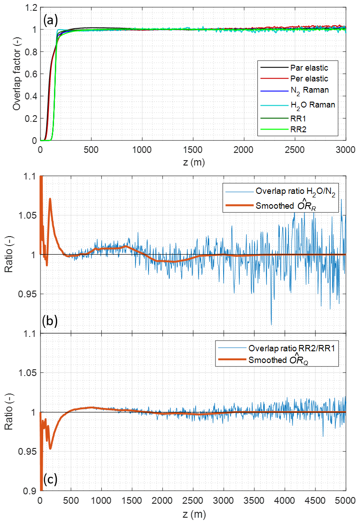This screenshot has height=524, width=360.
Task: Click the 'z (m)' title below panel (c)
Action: click(x=193, y=513)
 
